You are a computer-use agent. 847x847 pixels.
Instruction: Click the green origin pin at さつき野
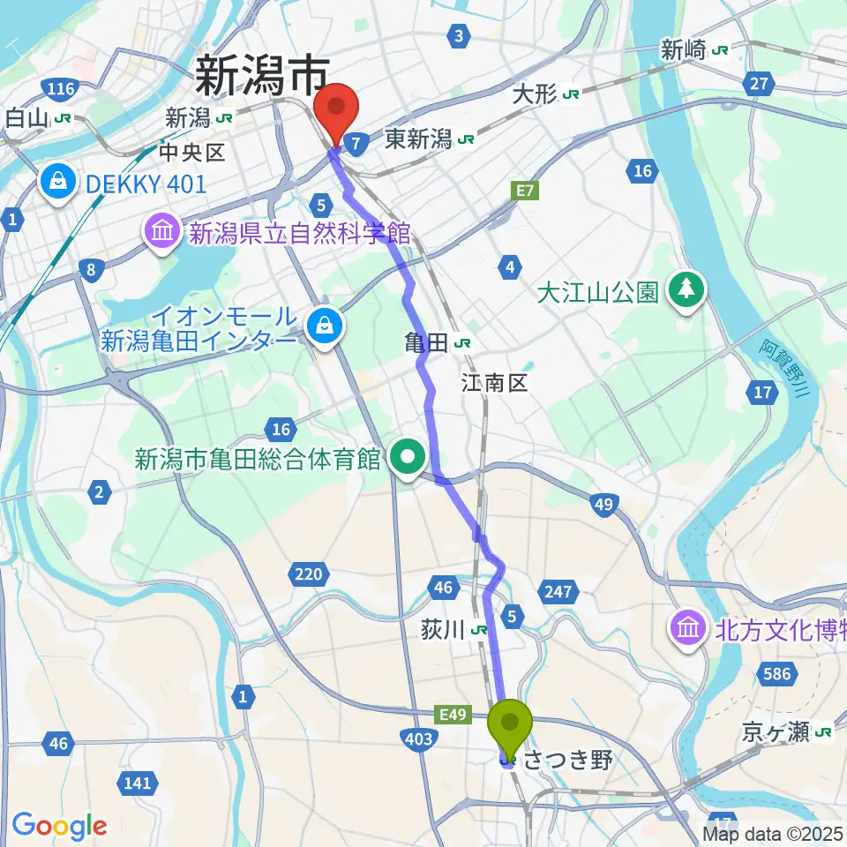[511, 723]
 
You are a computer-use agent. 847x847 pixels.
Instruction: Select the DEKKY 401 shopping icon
[57, 184]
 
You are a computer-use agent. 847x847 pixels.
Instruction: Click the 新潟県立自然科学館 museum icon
[162, 234]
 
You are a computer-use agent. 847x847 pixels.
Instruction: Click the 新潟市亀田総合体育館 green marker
[409, 458]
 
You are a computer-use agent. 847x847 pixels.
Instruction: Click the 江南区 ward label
[493, 382]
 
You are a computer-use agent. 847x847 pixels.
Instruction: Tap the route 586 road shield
[776, 675]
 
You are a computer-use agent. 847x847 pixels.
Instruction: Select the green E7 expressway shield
[526, 191]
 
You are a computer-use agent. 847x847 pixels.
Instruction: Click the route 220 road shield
[308, 575]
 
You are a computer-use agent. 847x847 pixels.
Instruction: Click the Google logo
[59, 826]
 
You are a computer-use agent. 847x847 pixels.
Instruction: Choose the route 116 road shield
[60, 88]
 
